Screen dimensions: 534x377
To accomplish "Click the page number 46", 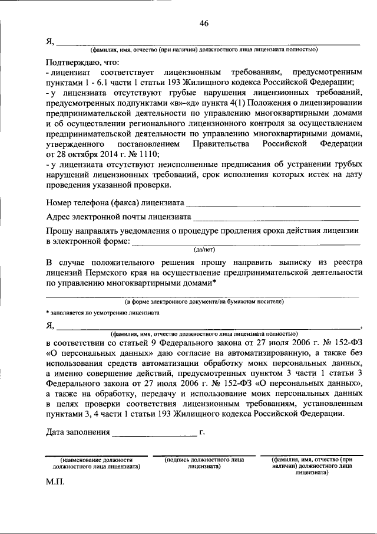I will (204, 24).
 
